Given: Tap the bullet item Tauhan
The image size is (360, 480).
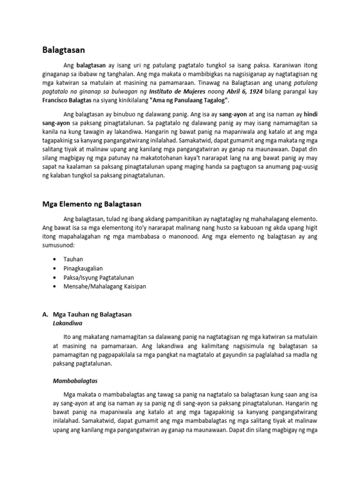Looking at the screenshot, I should tap(73, 259).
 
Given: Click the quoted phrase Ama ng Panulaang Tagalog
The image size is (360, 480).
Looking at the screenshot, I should tap(189, 100).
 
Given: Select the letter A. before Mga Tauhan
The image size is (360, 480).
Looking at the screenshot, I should tap(45, 315).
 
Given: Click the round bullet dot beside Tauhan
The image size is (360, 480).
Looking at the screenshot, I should tap(56, 259).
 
